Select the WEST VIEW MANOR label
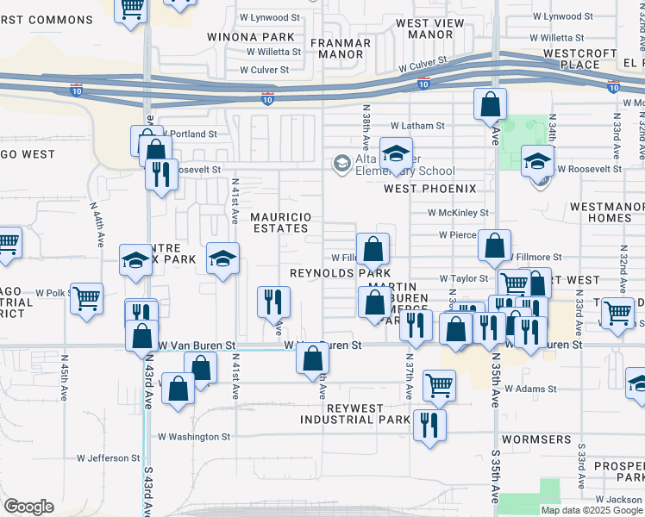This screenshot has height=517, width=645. [x=424, y=29]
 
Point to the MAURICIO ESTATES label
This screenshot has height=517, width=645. [x=279, y=222]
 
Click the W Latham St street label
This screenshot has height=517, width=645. [x=417, y=126]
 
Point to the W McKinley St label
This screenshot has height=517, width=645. [x=458, y=212]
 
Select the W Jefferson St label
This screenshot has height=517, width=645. [x=109, y=458]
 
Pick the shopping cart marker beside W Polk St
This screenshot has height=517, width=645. [x=86, y=299]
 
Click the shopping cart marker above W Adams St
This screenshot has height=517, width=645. [x=440, y=386]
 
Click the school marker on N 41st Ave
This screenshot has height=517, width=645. [x=222, y=258]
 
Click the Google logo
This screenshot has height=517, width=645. [x=28, y=508]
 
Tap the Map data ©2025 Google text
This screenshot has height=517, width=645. [x=592, y=510]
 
